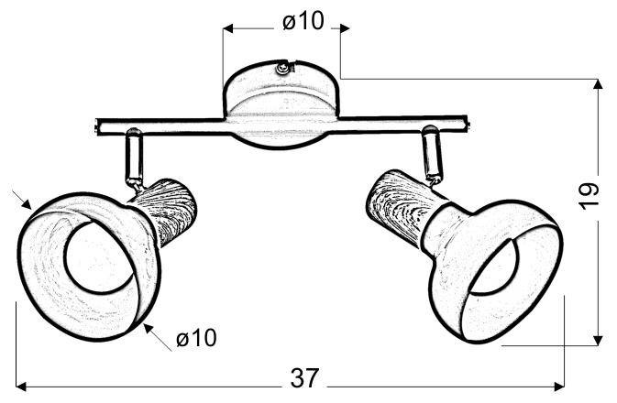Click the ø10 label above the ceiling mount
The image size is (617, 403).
(x=303, y=21)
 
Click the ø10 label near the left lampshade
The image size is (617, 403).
(x=196, y=339)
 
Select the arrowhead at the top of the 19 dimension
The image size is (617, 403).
(x=599, y=85)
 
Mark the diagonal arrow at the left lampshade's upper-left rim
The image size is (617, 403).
(x=26, y=199)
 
